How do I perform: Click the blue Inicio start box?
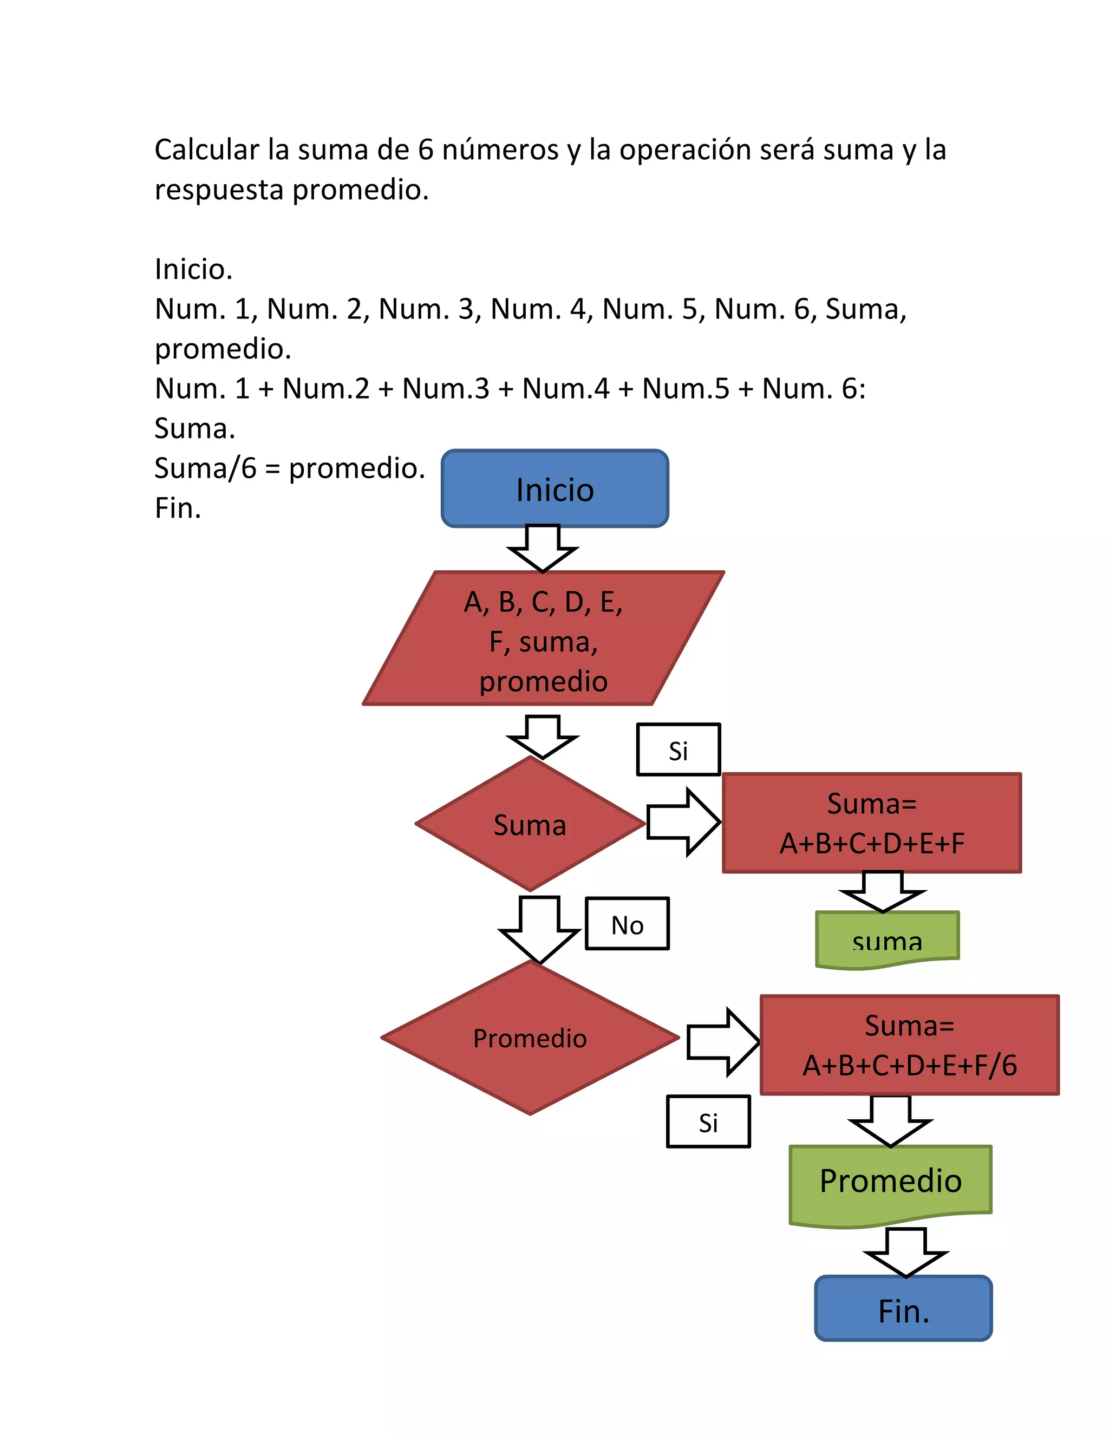554,489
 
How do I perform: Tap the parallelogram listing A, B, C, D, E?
543,638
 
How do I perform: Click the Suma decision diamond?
530,824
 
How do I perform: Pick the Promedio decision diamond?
530,1038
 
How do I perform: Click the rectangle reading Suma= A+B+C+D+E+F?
871,823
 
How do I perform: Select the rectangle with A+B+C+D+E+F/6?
909,1045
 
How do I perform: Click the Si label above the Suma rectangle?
678,749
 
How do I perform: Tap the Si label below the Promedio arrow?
708,1122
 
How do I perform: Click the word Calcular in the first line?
206,150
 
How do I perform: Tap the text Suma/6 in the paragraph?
205,468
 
